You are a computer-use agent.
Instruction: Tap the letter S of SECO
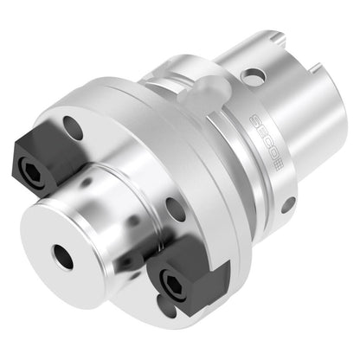tap(254, 119)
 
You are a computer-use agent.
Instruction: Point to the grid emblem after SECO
tap(279, 168)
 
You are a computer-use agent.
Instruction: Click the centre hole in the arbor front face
tap(63, 257)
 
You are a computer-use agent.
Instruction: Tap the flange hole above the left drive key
tap(73, 128)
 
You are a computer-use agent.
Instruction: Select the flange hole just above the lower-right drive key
tap(176, 209)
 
